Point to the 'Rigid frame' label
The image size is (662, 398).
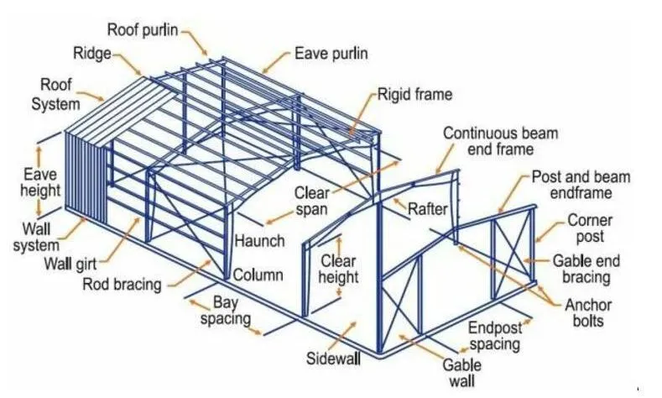tap(414, 94)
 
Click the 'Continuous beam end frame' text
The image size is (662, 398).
tap(500, 141)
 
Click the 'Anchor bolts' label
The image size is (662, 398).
tap(588, 312)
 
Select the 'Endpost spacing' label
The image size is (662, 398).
tap(493, 336)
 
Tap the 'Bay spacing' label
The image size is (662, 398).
tap(231, 310)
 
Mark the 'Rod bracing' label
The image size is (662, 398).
tap(122, 284)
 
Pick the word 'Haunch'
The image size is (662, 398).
tap(260, 241)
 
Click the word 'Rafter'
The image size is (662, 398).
tap(428, 209)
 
